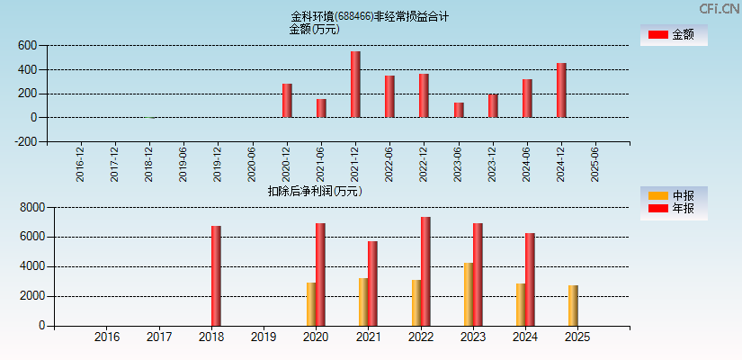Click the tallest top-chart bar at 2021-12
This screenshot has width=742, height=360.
click(x=355, y=85)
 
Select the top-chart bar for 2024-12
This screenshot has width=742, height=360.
click(x=561, y=90)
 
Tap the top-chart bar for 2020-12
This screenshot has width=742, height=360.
click(x=287, y=101)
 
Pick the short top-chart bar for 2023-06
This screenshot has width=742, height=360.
click(x=459, y=110)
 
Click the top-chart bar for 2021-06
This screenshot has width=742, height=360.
click(x=321, y=108)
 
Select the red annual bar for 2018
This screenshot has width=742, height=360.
click(x=216, y=275)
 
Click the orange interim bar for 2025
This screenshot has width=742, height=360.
click(x=573, y=306)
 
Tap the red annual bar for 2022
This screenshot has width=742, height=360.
click(x=425, y=271)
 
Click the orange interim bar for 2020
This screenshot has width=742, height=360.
click(x=311, y=304)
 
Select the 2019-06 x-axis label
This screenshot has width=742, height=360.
click(x=183, y=165)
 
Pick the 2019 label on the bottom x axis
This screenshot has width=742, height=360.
click(x=264, y=337)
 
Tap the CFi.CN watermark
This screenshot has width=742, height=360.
click(x=719, y=8)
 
